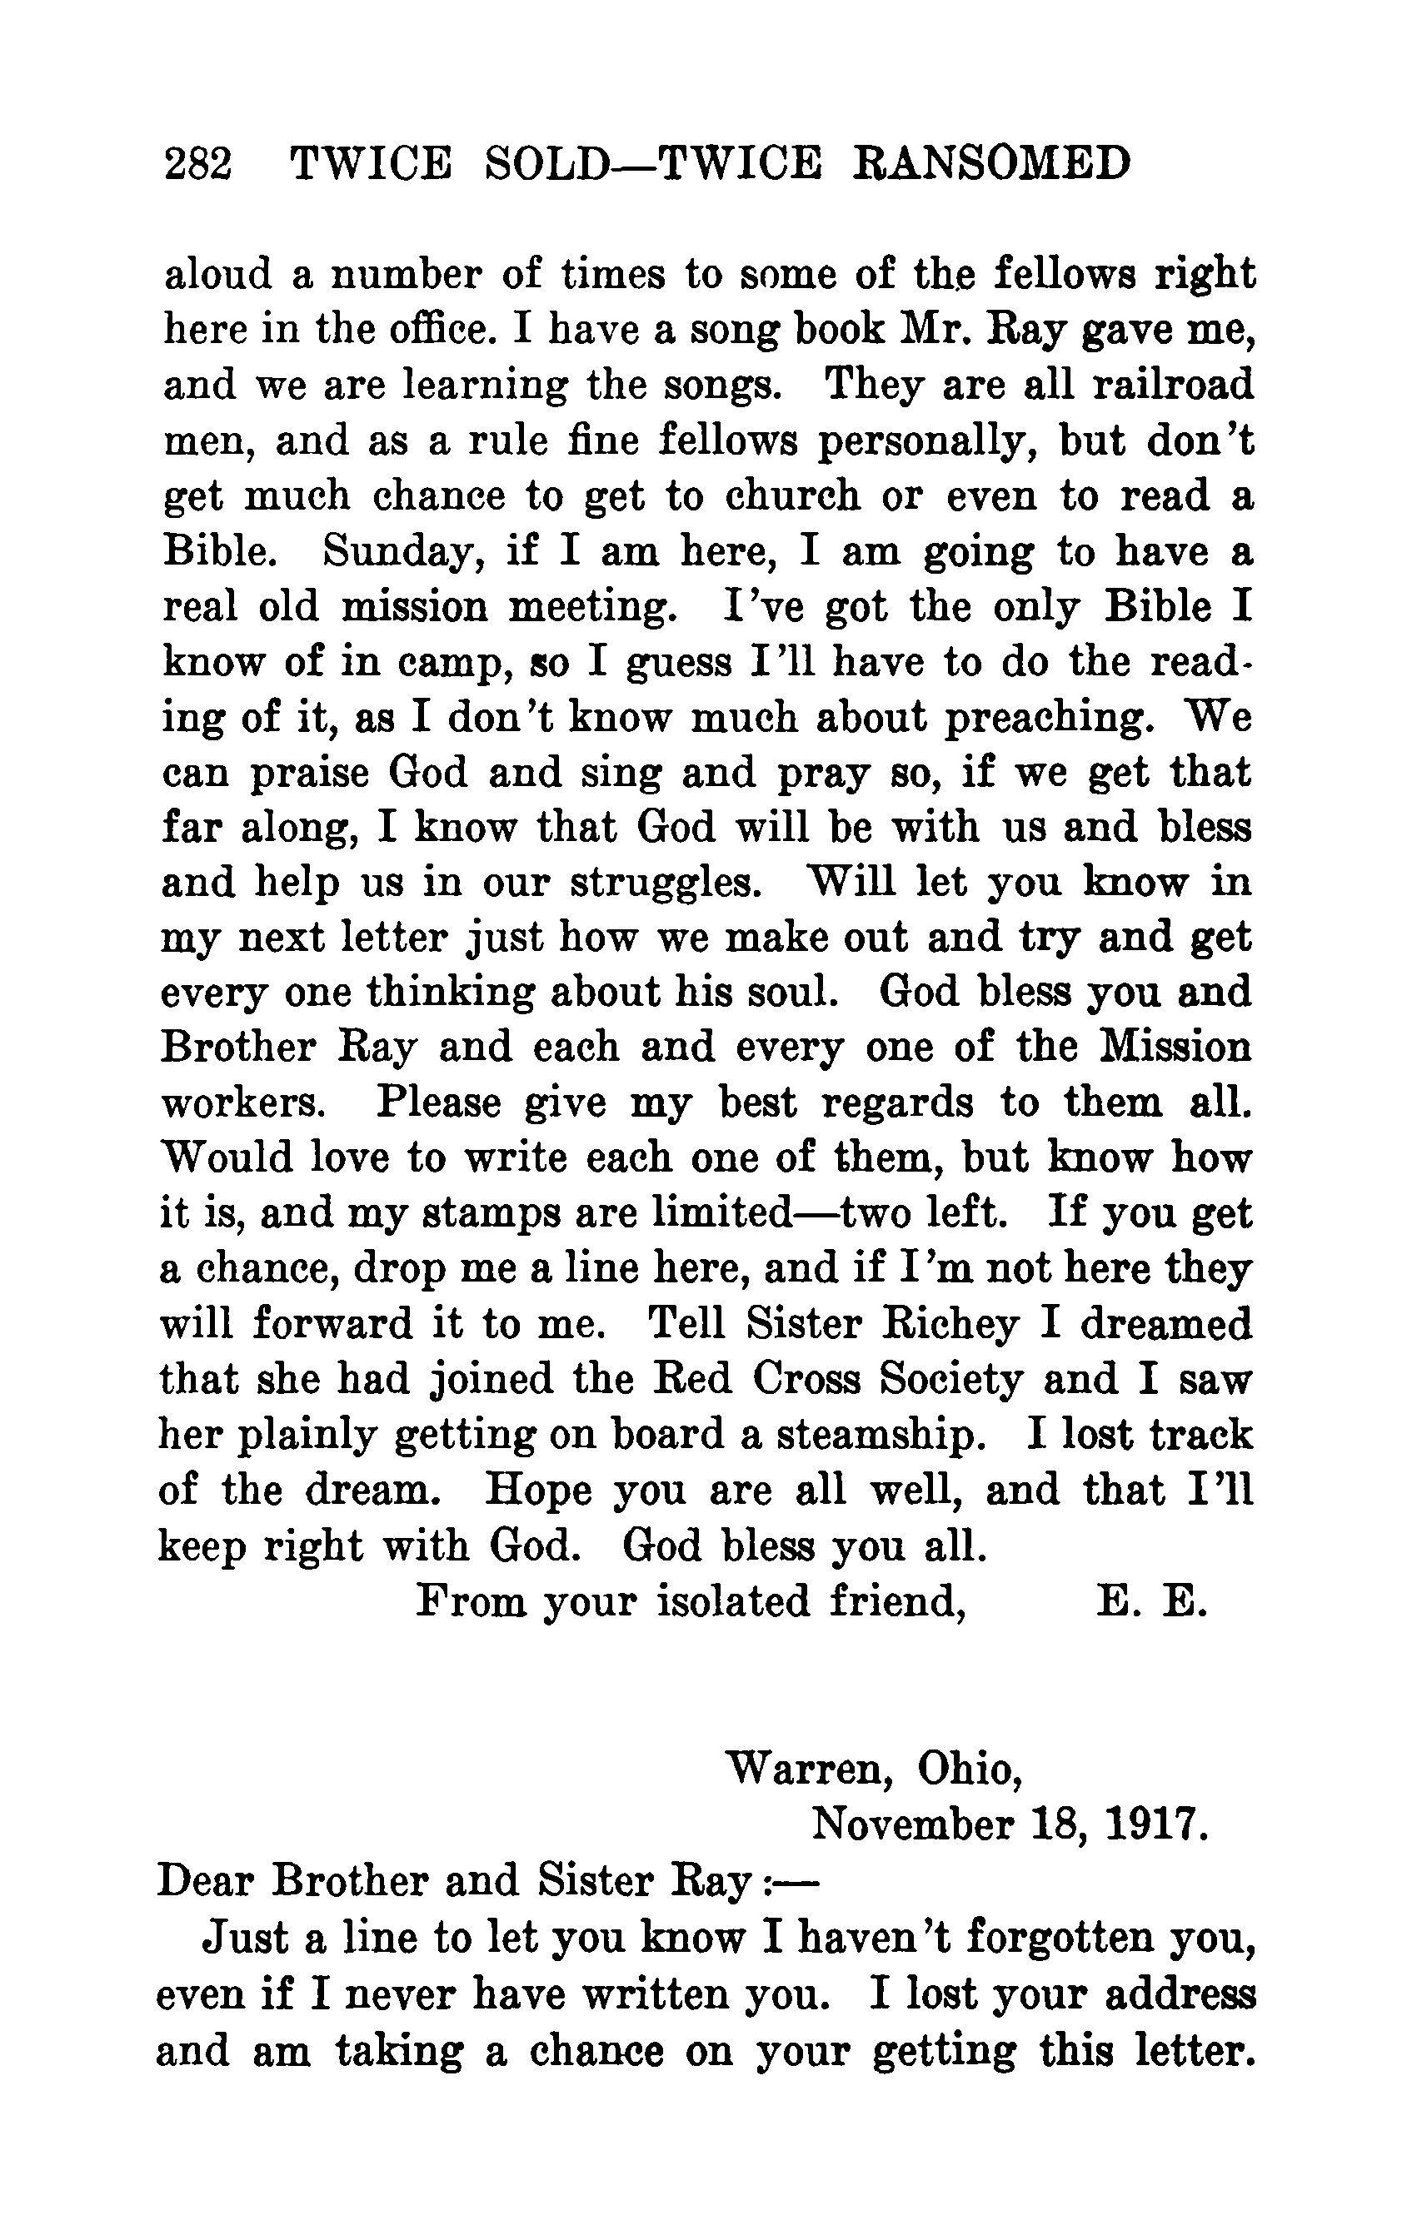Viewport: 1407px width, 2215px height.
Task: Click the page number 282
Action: click(197, 167)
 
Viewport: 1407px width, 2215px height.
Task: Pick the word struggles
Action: click(666, 883)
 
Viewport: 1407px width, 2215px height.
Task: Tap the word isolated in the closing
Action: click(736, 1601)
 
